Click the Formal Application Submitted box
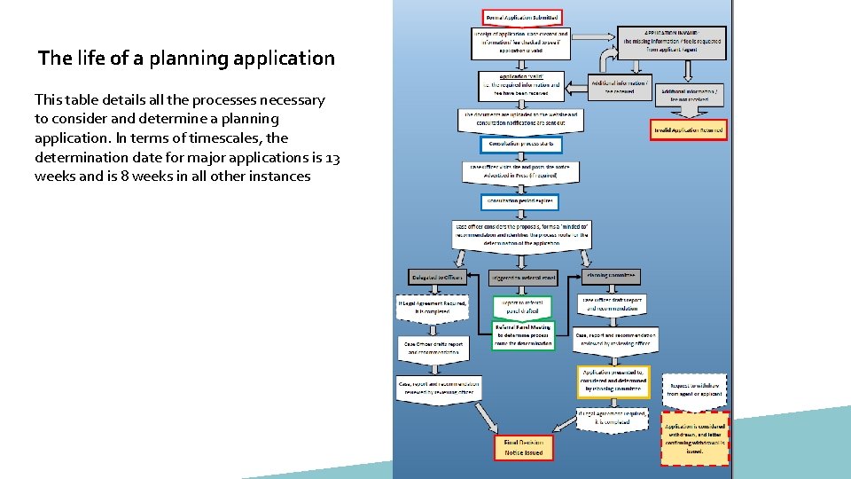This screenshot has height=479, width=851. pyautogui.click(x=521, y=17)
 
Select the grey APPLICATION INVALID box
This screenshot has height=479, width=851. pyautogui.click(x=672, y=43)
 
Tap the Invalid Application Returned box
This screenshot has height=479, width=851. pyautogui.click(x=688, y=130)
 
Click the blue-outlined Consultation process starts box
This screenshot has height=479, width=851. pyautogui.click(x=520, y=144)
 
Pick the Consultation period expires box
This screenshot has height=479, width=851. pyautogui.click(x=520, y=202)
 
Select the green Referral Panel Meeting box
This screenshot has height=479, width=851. pyautogui.click(x=523, y=335)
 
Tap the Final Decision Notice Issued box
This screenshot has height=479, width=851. pyautogui.click(x=523, y=447)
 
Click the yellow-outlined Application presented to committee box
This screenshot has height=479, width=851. pyautogui.click(x=613, y=382)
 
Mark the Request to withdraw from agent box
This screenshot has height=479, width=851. pyautogui.click(x=696, y=389)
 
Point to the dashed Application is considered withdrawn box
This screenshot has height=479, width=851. pyautogui.click(x=696, y=438)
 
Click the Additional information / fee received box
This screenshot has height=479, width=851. pyautogui.click(x=621, y=86)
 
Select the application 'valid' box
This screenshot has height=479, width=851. pyautogui.click(x=521, y=85)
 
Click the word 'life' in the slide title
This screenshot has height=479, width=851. pyautogui.click(x=113, y=59)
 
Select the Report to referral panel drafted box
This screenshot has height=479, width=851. pyautogui.click(x=523, y=306)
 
